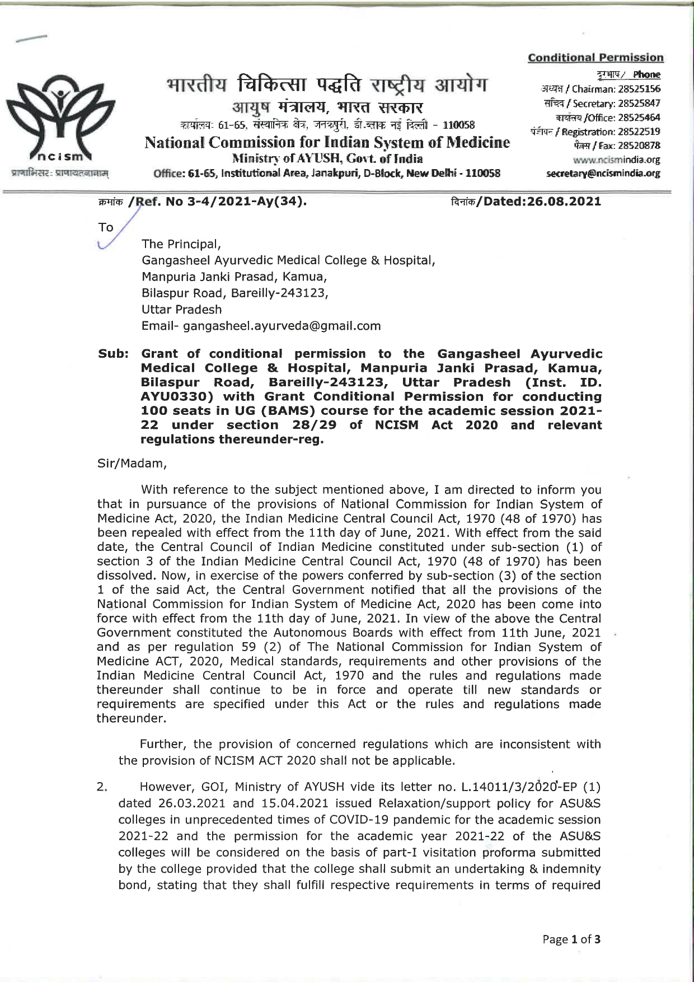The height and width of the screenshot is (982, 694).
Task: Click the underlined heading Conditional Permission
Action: [x=595, y=58]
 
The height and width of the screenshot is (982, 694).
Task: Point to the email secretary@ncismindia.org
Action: [x=603, y=174]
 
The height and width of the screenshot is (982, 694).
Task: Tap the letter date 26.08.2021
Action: [x=564, y=201]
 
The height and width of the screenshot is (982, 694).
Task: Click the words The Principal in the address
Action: [x=181, y=244]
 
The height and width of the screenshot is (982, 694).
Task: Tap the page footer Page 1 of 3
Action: [x=571, y=939]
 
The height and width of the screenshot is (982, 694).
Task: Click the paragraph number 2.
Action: [x=102, y=787]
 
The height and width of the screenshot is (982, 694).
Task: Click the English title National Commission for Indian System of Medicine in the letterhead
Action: [x=327, y=143]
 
